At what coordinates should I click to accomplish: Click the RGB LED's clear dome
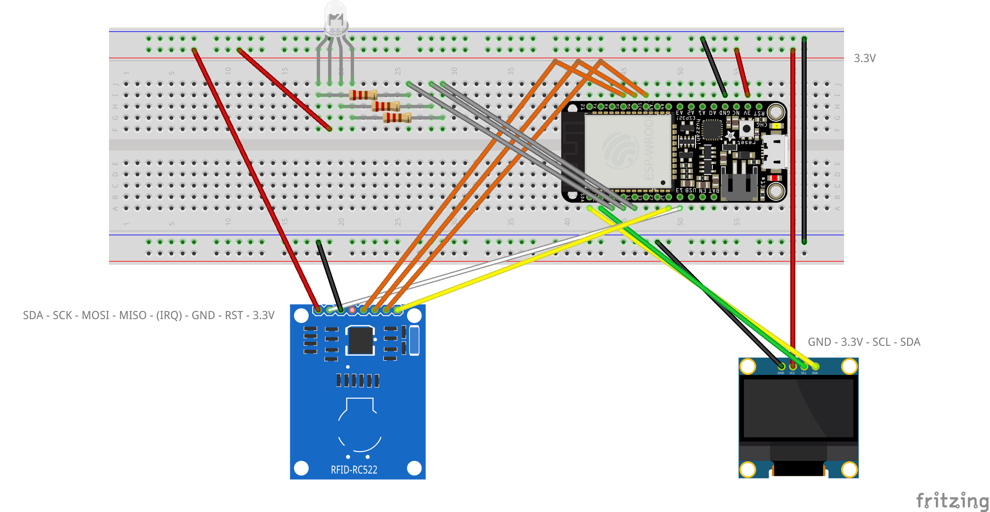[x=336, y=17]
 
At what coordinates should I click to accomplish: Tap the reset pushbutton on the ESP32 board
[x=746, y=128]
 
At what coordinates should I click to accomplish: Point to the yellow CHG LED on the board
[x=776, y=126]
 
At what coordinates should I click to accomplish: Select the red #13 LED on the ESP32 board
[x=774, y=178]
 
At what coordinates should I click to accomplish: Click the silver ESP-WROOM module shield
[x=628, y=151]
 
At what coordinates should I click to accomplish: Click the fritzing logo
[x=952, y=501]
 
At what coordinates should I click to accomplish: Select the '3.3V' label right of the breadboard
[x=865, y=58]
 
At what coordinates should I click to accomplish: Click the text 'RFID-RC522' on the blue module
[x=354, y=470]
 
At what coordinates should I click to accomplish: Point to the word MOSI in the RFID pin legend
[x=96, y=315]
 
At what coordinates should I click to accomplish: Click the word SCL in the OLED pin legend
[x=881, y=342]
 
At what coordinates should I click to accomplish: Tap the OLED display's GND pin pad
[x=781, y=366]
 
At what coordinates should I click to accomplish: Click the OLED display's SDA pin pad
[x=815, y=366]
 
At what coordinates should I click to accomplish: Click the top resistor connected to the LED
[x=363, y=95]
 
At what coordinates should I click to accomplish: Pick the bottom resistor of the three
[x=397, y=118]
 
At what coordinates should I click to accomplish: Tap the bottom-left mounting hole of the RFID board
[x=301, y=468]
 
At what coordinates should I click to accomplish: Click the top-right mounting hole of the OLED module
[x=849, y=366]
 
